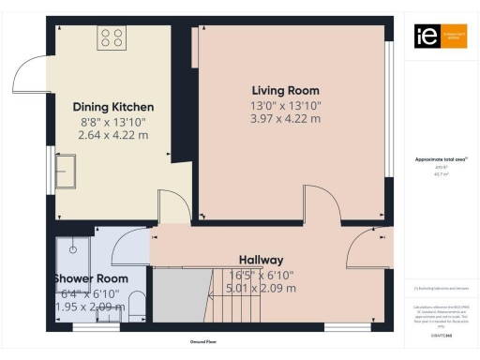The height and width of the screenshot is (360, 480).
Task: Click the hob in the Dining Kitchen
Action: click(x=112, y=37)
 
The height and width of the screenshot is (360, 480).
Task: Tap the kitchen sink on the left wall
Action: click(x=67, y=172)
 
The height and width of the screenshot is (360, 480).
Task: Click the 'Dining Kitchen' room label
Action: click(x=113, y=107)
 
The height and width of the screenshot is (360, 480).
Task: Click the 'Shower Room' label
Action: click(x=92, y=279)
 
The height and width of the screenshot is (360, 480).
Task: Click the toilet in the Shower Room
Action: click(x=137, y=303)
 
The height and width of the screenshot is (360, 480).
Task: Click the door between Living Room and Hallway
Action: click(x=322, y=202)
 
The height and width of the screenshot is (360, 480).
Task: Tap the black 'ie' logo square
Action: click(x=425, y=36)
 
